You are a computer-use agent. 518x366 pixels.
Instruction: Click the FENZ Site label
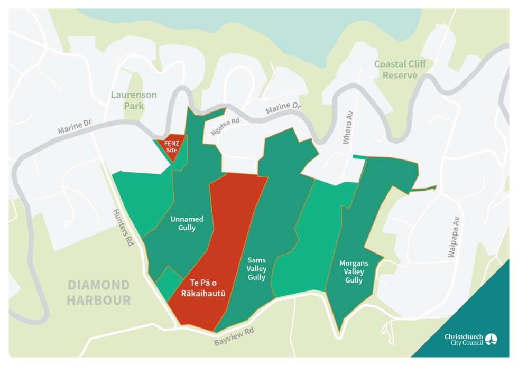pyautogui.click(x=171, y=146)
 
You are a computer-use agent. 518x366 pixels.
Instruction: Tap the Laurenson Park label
pyautogui.click(x=134, y=100)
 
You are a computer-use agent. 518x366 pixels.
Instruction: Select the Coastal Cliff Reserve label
pyautogui.click(x=400, y=69)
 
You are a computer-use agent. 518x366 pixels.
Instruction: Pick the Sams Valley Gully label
pyautogui.click(x=256, y=268)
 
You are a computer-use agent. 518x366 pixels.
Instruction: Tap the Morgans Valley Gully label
pyautogui.click(x=354, y=271)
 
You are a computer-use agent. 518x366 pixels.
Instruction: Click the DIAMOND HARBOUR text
pyautogui.click(x=99, y=293)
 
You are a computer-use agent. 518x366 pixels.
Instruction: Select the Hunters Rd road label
pyautogui.click(x=123, y=227)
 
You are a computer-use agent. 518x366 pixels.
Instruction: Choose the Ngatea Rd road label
pyautogui.click(x=225, y=126)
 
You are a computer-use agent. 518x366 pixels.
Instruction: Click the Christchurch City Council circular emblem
pyautogui.click(x=491, y=339)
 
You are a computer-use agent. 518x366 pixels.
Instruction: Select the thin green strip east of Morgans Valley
pyautogui.click(x=423, y=188)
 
